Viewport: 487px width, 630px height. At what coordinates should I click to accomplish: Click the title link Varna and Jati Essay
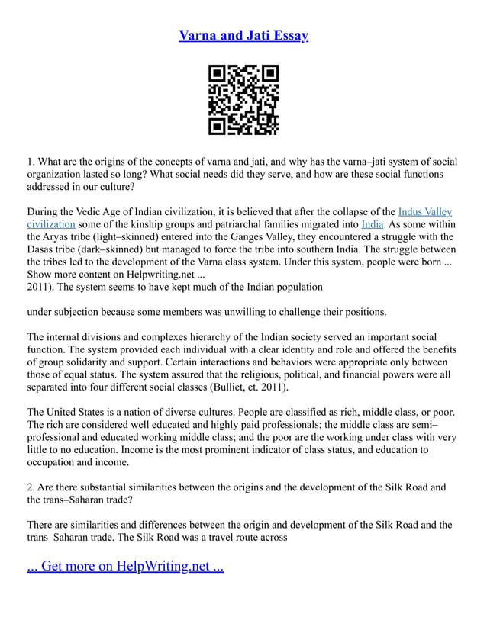pyautogui.click(x=243, y=35)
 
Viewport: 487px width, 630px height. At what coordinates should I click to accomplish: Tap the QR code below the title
pyautogui.click(x=243, y=101)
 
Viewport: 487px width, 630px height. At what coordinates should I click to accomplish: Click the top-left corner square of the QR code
pyautogui.click(x=218, y=74)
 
